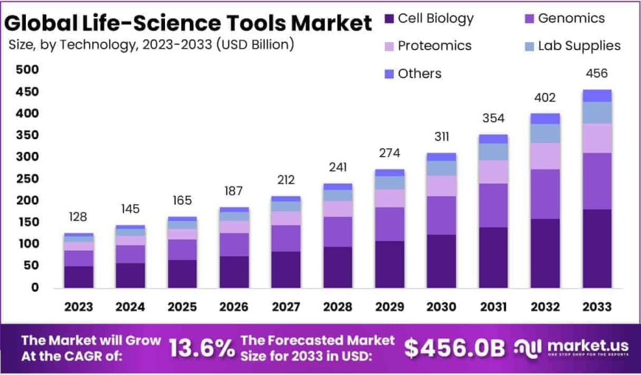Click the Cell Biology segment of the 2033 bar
[597, 248]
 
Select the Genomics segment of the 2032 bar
[545, 194]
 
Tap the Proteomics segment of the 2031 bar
[494, 172]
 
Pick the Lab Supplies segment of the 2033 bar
[597, 113]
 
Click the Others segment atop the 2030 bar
[441, 157]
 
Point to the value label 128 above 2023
[79, 217]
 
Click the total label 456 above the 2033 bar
[597, 74]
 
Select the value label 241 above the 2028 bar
[337, 167]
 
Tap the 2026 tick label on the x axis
[234, 306]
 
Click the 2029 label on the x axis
[389, 306]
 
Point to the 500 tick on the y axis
[27, 70]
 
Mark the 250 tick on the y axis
[27, 178]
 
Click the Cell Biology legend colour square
[389, 19]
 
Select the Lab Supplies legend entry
[579, 46]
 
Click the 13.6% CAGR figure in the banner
[202, 348]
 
